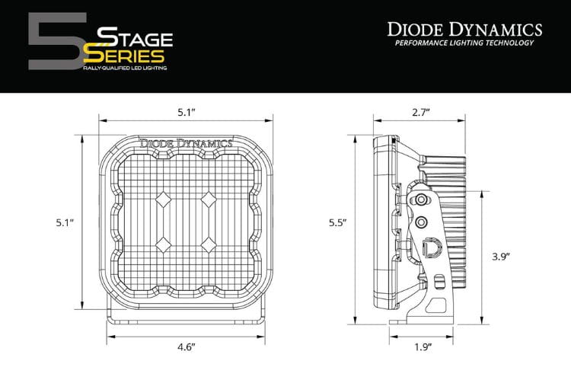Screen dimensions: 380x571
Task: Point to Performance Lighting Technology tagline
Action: [x=464, y=43]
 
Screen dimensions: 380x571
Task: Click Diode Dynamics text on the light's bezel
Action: [x=186, y=142]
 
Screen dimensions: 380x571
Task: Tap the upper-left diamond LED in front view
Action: [x=164, y=201]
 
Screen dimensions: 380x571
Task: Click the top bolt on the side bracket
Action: [x=420, y=200]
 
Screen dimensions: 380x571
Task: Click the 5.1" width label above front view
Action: [x=186, y=112]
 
